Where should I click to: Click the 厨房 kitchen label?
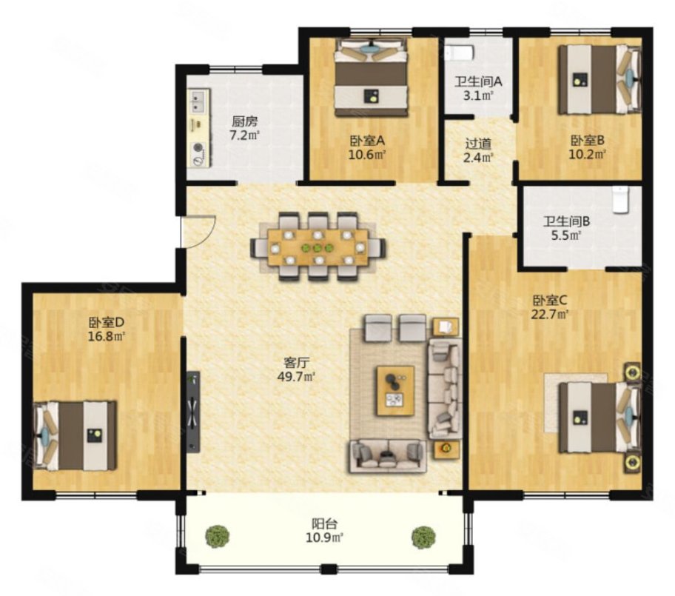pos(244,121)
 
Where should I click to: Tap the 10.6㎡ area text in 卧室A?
pos(367,155)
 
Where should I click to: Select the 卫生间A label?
pos(478,81)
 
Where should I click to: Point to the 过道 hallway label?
pos(478,143)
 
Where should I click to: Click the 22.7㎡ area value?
pos(550,315)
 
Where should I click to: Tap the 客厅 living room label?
pos(297,363)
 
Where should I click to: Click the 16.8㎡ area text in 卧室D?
pos(107,336)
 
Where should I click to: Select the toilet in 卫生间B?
pos(620,199)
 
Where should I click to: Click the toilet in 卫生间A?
pos(460,53)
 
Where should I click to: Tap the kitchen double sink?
pos(198,101)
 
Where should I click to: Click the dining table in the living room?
pos(318,247)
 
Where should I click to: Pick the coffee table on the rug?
pos(396,391)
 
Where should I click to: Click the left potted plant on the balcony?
pos(218,537)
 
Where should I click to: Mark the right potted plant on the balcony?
pos(423,538)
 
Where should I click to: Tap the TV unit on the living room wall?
pos(193,412)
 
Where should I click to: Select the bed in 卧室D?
pos(75,436)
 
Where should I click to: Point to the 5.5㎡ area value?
pos(566,235)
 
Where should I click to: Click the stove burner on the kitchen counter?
pos(198,147)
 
